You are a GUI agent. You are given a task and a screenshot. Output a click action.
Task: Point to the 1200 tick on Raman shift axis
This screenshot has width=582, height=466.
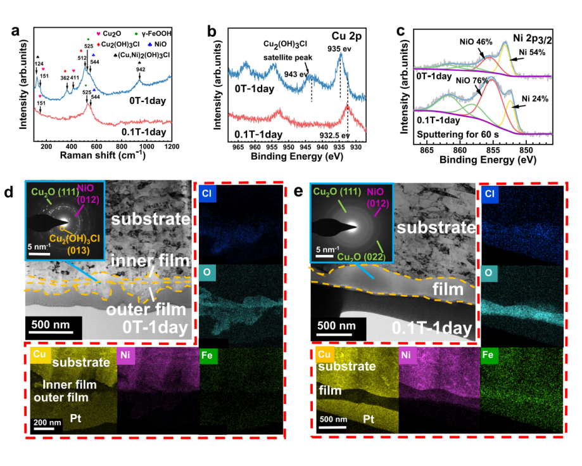171,146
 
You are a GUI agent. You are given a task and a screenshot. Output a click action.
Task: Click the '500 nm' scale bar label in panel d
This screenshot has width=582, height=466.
54,325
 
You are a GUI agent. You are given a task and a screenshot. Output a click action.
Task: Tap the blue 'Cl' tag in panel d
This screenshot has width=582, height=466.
208,192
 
